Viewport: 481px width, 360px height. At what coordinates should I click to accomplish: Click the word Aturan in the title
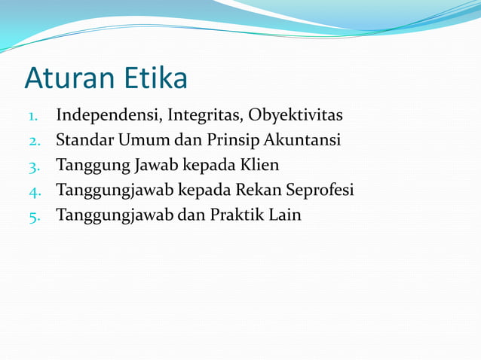69,78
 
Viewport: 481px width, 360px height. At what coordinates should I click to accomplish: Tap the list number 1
32,117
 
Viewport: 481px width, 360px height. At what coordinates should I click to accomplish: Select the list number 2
34,142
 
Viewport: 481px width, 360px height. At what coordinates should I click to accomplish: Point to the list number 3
34,166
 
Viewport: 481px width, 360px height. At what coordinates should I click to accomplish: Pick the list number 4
34,191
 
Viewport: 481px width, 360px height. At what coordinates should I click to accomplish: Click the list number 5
34,216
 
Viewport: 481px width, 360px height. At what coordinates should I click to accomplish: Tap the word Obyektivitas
296,116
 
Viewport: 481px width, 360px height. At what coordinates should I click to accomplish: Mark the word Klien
261,165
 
